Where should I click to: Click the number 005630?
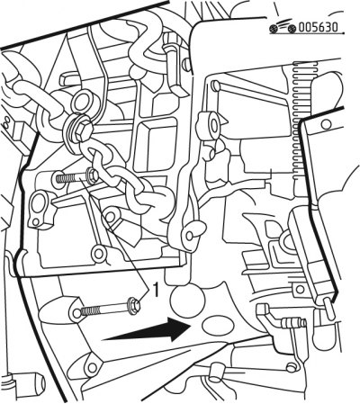point(318,28)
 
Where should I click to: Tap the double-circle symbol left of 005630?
point(282,28)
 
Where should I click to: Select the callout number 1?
point(156,290)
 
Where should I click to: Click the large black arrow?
point(147,330)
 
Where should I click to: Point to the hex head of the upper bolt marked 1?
point(91,174)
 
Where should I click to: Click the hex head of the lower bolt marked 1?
point(134,307)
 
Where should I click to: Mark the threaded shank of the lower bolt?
point(103,310)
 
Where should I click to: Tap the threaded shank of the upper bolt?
point(71,179)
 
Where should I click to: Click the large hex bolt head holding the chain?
point(83,131)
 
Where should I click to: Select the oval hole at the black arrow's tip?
point(218,325)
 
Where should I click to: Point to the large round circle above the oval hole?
point(187,301)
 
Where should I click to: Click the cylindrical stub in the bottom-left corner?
point(29,382)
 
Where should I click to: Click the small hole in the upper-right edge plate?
point(327,124)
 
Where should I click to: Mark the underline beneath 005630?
point(307,34)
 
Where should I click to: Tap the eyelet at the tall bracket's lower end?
point(190,236)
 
